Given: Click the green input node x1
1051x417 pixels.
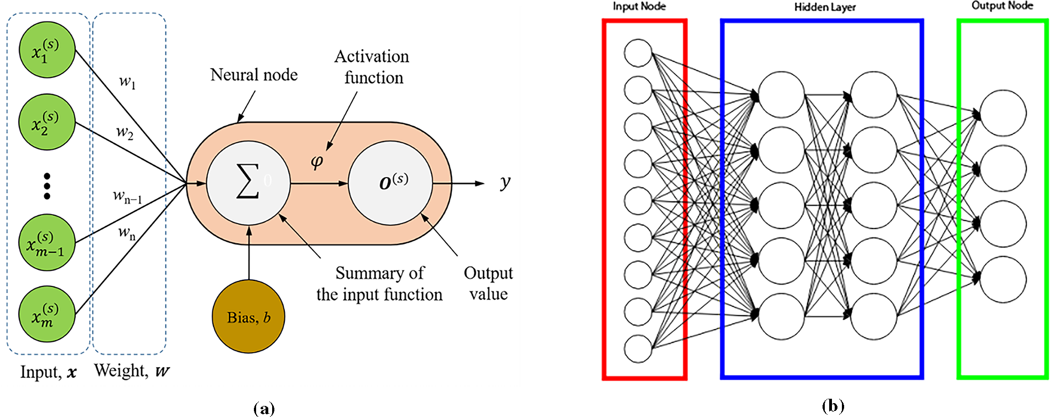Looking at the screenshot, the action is coord(47,50).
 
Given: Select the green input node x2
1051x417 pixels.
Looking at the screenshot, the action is coord(47,122).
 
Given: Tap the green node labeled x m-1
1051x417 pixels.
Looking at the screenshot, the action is coord(47,243).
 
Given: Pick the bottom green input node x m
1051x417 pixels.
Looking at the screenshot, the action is coord(47,314).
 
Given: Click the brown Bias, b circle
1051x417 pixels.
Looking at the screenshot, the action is coord(248,317).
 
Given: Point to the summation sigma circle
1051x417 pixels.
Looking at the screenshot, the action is coord(248,183).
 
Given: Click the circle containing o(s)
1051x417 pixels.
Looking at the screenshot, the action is coord(391,183).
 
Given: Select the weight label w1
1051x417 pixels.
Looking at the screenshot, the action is coord(127,82).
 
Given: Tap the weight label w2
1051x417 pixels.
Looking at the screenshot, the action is coord(124,132).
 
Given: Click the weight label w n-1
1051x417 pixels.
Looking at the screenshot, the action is coord(128,196).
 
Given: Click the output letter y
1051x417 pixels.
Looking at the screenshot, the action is coord(505,183).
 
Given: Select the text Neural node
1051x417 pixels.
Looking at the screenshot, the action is coord(254,75).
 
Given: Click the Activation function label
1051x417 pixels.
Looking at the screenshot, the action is coord(372,67).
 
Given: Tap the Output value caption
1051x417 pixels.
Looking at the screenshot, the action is coord(488,283).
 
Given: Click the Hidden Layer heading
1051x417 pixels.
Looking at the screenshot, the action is coord(825,7).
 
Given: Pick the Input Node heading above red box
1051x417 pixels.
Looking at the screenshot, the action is coord(639,7).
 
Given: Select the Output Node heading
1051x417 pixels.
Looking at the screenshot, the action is coord(1002,6).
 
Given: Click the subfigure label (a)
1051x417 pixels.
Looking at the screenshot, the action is coord(263,409).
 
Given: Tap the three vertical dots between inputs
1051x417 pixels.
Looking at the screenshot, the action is coord(47,186).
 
